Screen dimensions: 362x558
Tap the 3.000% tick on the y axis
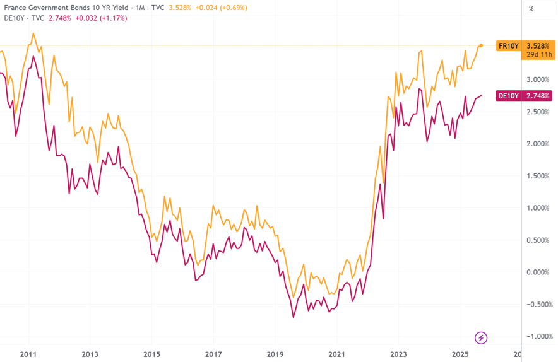537,79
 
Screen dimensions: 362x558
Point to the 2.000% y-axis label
537,144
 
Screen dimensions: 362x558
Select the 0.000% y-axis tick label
537,272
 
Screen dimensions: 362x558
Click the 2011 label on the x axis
28,354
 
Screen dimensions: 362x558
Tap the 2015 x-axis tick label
151,354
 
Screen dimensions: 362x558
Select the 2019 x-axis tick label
275,354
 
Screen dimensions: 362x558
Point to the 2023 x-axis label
398,354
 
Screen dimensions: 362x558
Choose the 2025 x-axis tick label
460,354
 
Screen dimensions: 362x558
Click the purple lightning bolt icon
481,338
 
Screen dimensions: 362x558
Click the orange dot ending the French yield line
481,45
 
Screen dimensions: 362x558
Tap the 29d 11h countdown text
538,54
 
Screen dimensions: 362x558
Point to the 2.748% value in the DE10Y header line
60,18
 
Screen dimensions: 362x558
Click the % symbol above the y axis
531,8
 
